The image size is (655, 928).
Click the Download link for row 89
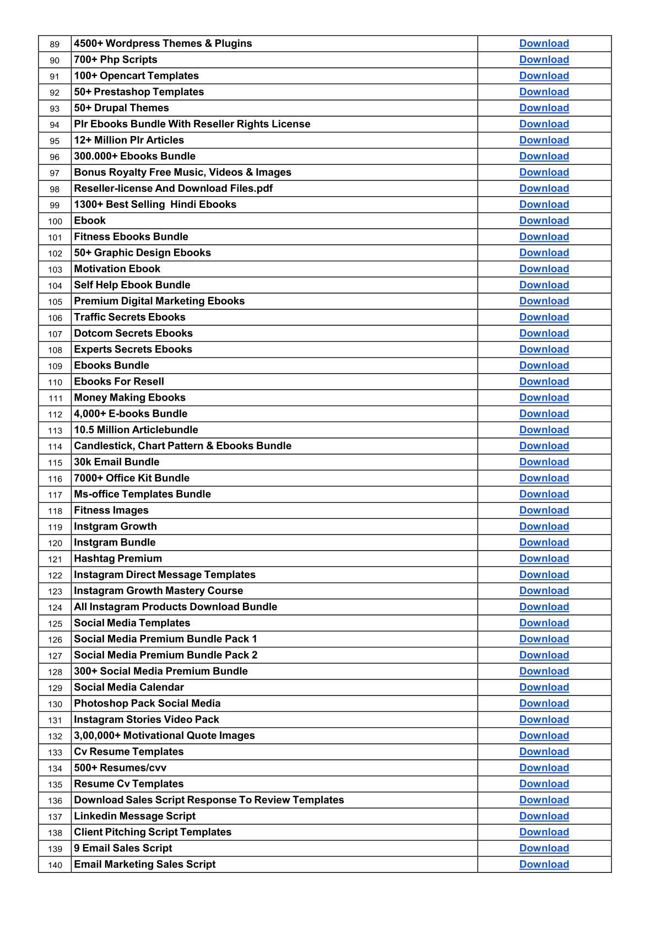pyautogui.click(x=544, y=44)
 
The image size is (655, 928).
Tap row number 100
pyautogui.click(x=55, y=222)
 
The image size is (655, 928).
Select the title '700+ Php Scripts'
pyautogui.click(x=116, y=60)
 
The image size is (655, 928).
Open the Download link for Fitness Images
pyautogui.click(x=544, y=510)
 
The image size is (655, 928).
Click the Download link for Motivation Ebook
pyautogui.click(x=544, y=269)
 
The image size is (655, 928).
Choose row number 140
pyautogui.click(x=55, y=865)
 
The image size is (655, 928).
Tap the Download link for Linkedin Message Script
pyautogui.click(x=544, y=816)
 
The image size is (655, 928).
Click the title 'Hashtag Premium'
pyautogui.click(x=118, y=559)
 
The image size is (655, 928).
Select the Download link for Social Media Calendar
pyautogui.click(x=544, y=687)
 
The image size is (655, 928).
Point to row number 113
pyautogui.click(x=55, y=431)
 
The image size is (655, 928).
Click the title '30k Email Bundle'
pyautogui.click(x=117, y=462)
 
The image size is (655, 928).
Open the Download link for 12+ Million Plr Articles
pyautogui.click(x=544, y=140)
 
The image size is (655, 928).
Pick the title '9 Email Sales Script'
pyautogui.click(x=123, y=848)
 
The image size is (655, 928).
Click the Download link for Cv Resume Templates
pyautogui.click(x=544, y=752)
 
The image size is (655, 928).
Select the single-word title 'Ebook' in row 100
pyautogui.click(x=90, y=220)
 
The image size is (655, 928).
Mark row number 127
pyautogui.click(x=55, y=656)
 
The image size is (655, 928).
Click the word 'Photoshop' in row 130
pyautogui.click(x=100, y=703)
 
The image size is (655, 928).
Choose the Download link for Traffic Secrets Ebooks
pyautogui.click(x=544, y=317)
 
